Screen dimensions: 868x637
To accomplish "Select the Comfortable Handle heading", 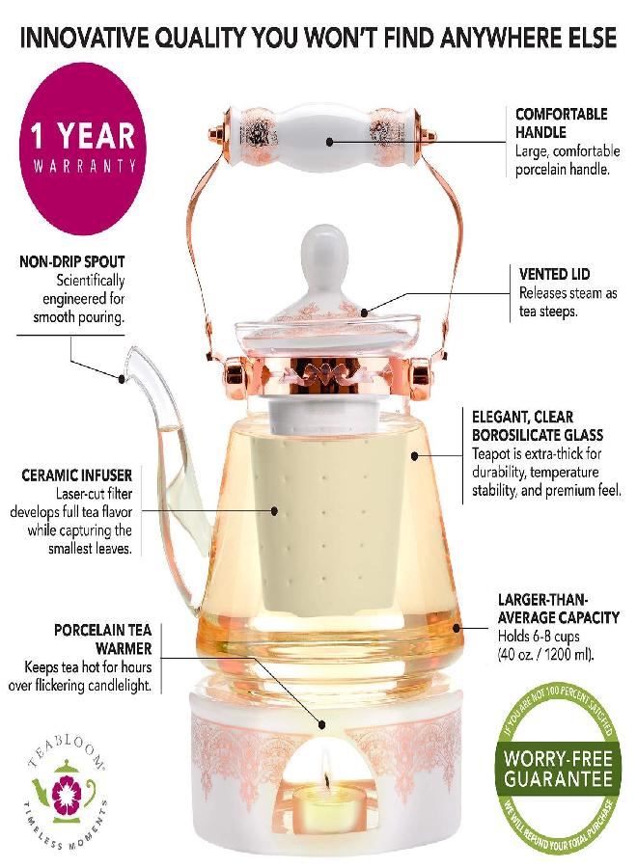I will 561,122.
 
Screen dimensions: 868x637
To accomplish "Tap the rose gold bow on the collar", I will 318,372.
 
